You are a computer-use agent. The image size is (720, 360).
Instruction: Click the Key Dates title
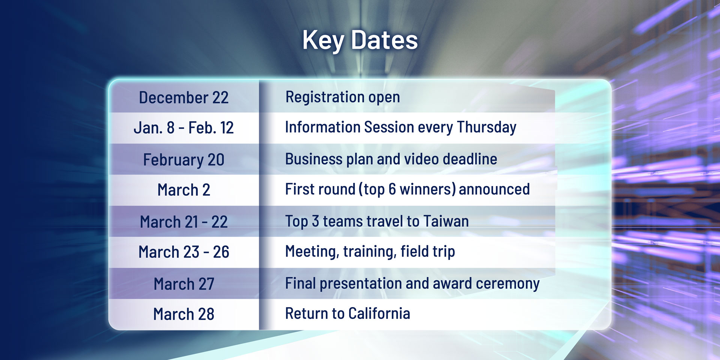pyautogui.click(x=360, y=40)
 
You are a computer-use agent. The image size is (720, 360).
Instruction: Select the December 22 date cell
pyautogui.click(x=184, y=97)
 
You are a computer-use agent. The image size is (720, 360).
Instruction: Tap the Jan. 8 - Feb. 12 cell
pyautogui.click(x=184, y=128)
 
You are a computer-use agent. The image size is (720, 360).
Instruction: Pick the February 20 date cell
pyautogui.click(x=184, y=160)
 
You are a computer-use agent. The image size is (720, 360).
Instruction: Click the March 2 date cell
pyautogui.click(x=184, y=190)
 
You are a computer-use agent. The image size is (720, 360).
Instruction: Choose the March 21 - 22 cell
pyautogui.click(x=184, y=222)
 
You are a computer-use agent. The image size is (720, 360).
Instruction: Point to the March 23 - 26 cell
pyautogui.click(x=184, y=252)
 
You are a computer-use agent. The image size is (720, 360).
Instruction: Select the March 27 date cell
pyautogui.click(x=184, y=284)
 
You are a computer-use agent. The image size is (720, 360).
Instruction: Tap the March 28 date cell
pyautogui.click(x=184, y=314)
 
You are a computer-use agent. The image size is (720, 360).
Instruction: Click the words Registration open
pyautogui.click(x=342, y=97)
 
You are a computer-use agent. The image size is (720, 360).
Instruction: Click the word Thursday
pyautogui.click(x=487, y=127)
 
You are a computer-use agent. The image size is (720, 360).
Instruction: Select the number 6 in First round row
pyautogui.click(x=392, y=189)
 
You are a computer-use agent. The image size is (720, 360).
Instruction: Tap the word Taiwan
pyautogui.click(x=446, y=221)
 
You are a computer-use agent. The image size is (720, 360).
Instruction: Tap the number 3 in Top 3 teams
pyautogui.click(x=315, y=221)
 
